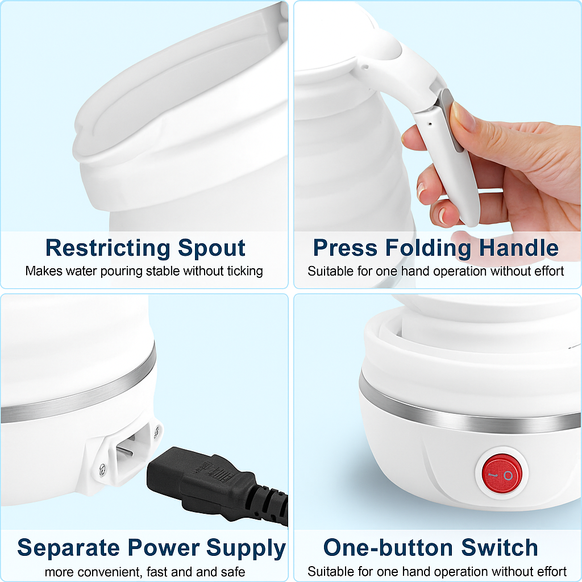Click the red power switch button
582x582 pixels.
point(502,475)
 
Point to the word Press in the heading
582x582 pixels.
point(345,248)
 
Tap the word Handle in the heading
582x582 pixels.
point(519,248)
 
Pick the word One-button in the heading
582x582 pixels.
point(388,548)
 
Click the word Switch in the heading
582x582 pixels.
point(500,548)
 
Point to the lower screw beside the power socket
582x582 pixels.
point(103,469)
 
